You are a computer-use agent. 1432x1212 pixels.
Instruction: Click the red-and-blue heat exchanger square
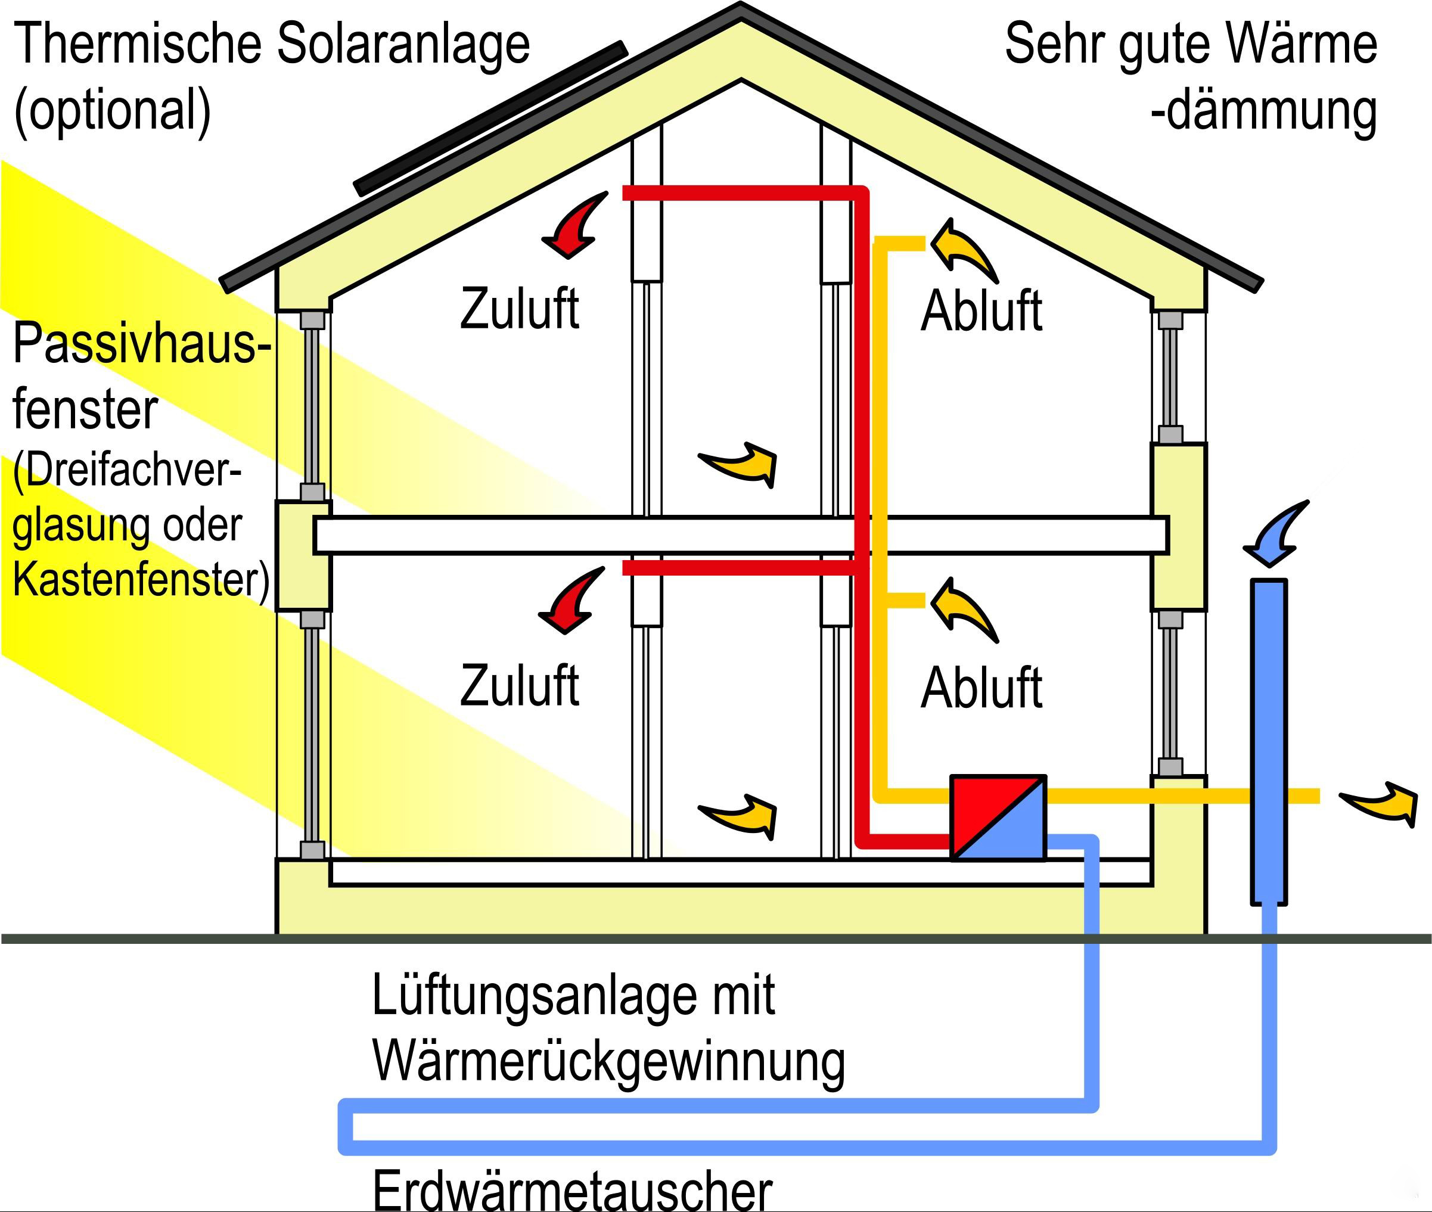tap(998, 818)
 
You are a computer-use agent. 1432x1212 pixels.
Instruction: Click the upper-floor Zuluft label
tap(520, 309)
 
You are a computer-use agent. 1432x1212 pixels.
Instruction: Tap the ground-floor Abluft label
tap(981, 688)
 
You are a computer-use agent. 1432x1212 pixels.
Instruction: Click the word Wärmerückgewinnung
tap(608, 1061)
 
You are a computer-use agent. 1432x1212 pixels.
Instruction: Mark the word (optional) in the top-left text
tap(112, 110)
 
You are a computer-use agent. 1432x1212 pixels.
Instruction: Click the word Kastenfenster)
tap(141, 579)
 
